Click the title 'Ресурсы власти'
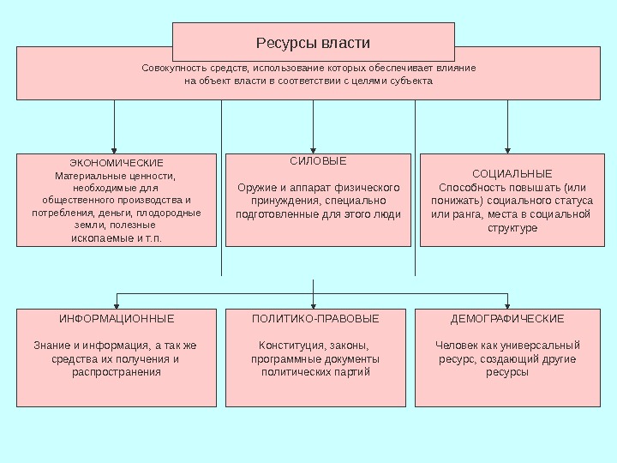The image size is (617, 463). tap(313, 42)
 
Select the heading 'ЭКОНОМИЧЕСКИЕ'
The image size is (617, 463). tap(117, 163)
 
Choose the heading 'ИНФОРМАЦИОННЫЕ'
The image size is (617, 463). tap(117, 319)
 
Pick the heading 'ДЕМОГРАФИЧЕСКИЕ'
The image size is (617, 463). tap(507, 319)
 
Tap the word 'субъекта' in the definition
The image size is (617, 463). tap(412, 81)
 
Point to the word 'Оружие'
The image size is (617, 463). tap(256, 188)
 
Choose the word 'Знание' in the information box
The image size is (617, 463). tap(50, 346)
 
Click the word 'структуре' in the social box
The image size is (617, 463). tap(512, 228)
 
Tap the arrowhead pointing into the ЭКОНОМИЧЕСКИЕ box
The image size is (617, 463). tap(115, 148)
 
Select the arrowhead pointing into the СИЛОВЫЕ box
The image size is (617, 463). tap(314, 148)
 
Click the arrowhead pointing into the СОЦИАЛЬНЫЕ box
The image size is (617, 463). tap(508, 148)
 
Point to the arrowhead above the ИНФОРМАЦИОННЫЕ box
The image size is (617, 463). tap(117, 304)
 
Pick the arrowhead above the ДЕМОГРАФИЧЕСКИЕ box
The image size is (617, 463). tap(508, 304)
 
